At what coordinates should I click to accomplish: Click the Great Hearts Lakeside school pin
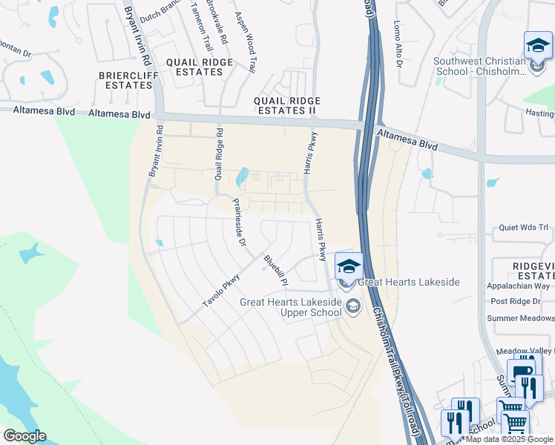pos(349,266)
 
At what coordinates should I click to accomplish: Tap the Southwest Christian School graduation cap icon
pos(537,46)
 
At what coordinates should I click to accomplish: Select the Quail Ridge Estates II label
pos(287,105)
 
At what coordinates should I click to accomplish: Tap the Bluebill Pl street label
pos(275,271)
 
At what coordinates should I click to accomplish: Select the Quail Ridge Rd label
pos(219,154)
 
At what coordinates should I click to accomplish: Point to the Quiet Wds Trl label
pos(522,228)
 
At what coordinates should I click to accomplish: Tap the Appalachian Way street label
pos(518,286)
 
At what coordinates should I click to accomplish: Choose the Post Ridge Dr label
pos(520,301)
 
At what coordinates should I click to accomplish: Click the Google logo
pos(24,435)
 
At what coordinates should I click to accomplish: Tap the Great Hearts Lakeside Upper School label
pos(291,307)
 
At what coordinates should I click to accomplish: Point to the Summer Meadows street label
pos(520,318)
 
